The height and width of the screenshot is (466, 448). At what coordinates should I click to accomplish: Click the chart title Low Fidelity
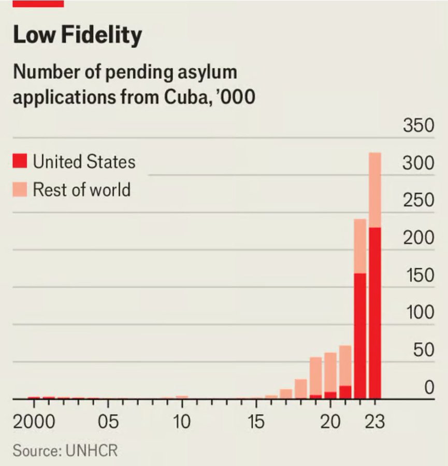77,35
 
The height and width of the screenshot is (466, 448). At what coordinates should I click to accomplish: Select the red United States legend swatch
20,162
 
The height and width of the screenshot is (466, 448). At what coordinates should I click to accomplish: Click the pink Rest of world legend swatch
20,190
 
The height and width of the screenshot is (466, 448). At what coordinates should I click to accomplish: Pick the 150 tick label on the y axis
418,275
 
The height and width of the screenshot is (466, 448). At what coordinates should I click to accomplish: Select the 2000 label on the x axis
34,421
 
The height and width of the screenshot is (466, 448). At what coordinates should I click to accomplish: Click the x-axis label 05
108,421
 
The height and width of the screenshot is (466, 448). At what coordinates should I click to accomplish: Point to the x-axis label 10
181,421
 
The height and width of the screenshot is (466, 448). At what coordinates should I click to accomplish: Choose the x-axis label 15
255,421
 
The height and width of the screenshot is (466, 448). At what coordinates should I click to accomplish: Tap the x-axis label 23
374,421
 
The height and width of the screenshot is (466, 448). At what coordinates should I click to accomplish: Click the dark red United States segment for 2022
360,337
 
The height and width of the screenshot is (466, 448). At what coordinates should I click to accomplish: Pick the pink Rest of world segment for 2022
360,246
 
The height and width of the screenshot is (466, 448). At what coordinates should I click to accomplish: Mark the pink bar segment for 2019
315,376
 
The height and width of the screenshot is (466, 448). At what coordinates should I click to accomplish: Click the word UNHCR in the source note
92,450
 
